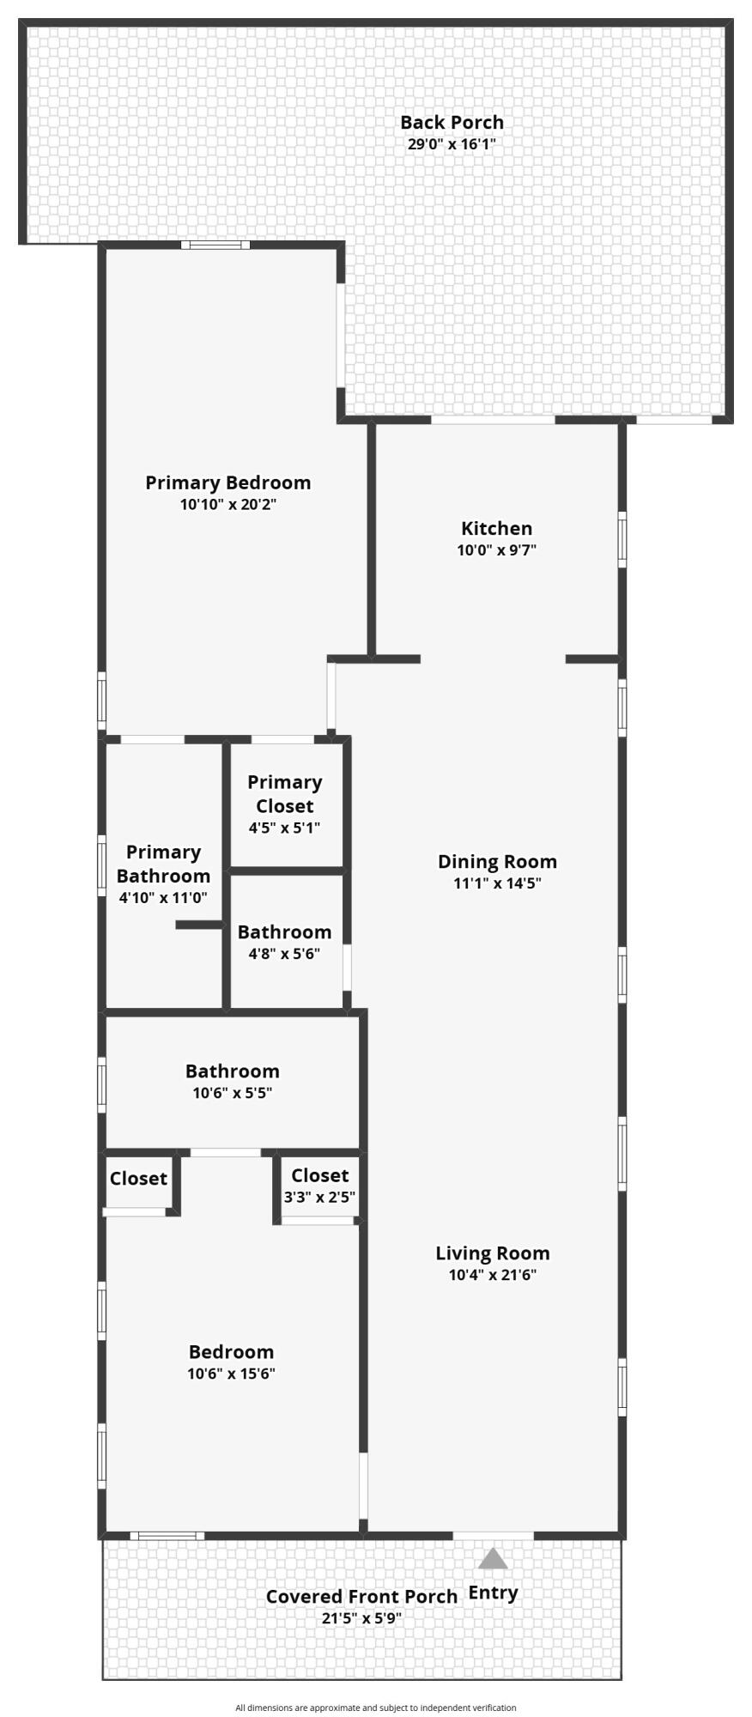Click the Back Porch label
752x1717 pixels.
tap(452, 123)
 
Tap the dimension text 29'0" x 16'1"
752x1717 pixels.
tap(452, 144)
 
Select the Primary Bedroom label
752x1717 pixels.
tap(227, 482)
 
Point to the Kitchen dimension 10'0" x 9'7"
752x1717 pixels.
tap(496, 550)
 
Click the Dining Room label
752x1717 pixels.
tap(497, 862)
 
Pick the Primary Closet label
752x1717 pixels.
tap(284, 794)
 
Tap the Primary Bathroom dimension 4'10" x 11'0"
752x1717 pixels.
tap(163, 898)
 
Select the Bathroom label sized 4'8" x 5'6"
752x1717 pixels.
tap(284, 932)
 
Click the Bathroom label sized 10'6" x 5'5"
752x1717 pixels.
tap(232, 1071)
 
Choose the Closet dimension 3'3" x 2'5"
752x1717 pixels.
tap(319, 1197)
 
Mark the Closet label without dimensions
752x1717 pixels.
tap(138, 1179)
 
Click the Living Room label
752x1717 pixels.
tap(492, 1253)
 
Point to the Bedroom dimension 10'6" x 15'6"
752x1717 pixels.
tap(231, 1374)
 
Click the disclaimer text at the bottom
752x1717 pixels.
tap(376, 1708)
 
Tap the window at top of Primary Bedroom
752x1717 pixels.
tap(215, 246)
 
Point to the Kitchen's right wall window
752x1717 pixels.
tap(622, 539)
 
